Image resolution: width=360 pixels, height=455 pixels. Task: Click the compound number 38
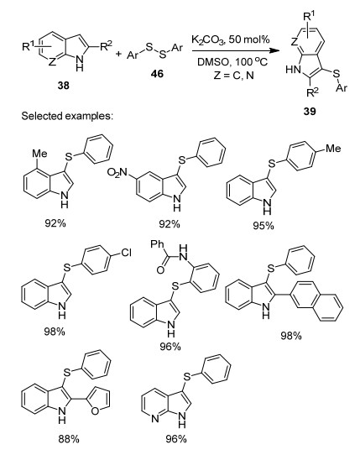point(64,86)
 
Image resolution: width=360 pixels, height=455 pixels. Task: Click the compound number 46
point(157,74)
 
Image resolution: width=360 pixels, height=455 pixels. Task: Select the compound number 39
point(310,111)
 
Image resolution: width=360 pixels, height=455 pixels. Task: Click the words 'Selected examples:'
point(66,116)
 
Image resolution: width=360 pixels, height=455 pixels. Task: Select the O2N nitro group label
point(117,172)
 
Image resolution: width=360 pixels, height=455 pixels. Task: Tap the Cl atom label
point(127,253)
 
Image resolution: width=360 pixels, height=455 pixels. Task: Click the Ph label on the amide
point(158,244)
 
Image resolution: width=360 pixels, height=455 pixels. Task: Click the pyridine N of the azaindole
point(155,419)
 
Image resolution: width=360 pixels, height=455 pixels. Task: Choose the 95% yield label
point(263,226)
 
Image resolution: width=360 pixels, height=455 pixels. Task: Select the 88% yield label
point(69,439)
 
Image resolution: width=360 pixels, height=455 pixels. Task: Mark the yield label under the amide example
point(170,346)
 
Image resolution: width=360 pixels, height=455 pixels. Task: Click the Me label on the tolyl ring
point(333,149)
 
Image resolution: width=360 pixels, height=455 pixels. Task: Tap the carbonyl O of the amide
point(160,270)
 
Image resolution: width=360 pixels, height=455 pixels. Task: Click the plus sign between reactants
point(118,54)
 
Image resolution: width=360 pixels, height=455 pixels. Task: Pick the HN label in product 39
point(293,70)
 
